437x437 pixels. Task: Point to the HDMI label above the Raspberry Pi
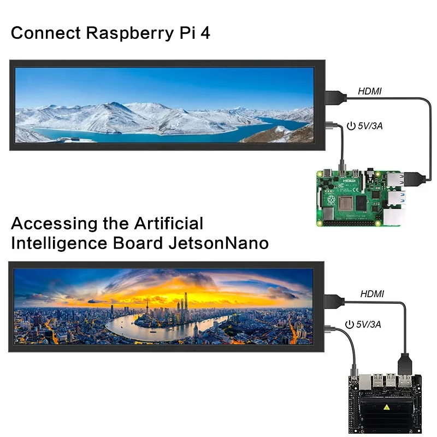[369, 91]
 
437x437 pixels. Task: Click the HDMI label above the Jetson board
[372, 294]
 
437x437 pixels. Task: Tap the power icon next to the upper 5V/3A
[351, 126]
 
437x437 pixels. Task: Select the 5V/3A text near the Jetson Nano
[369, 324]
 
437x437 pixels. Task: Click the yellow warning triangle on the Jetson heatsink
[386, 407]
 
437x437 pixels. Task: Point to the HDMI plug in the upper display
[334, 98]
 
